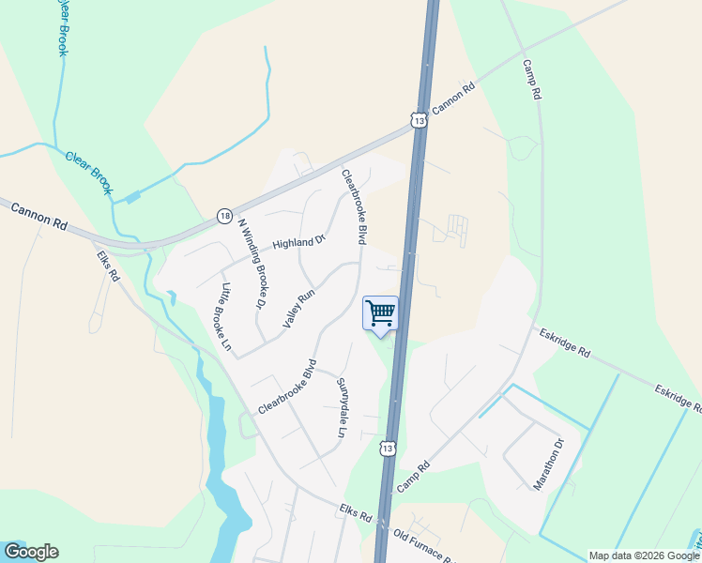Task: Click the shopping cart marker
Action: (x=380, y=313)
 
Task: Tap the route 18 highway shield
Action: (x=224, y=215)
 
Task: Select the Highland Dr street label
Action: (x=298, y=242)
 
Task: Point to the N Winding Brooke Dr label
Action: (x=252, y=264)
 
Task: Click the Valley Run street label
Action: (x=299, y=309)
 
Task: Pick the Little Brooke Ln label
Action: (x=225, y=316)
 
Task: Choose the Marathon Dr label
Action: (x=548, y=464)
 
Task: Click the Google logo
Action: (x=31, y=552)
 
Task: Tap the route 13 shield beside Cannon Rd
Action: (x=419, y=120)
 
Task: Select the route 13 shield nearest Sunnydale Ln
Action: (x=388, y=449)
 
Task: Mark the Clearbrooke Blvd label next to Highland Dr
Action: (x=354, y=206)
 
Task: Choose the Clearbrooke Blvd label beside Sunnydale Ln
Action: (x=287, y=388)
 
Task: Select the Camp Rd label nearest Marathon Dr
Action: (x=412, y=476)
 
